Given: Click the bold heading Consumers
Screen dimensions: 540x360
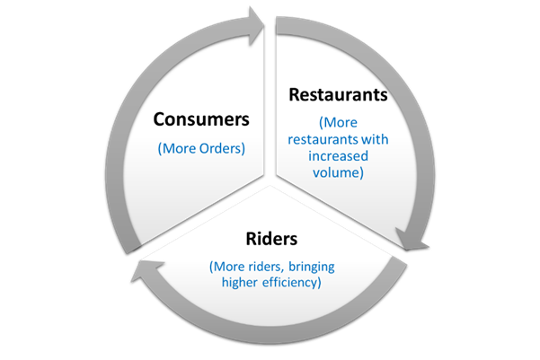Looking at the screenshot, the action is coord(201,119).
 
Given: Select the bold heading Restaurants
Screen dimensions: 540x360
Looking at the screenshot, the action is coord(338,94).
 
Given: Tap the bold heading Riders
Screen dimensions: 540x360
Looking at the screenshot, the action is coord(271,239).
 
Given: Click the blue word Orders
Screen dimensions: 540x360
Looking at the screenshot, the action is coord(220,148).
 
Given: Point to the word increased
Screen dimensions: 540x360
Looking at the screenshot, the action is coord(338,156).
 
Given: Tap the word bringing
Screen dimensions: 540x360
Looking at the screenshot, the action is coord(311,267).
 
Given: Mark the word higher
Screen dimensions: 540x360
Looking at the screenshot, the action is coord(239,283).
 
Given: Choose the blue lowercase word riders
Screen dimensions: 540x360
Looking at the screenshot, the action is coord(267,267).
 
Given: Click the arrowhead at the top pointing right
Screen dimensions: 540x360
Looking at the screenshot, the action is coord(256,26).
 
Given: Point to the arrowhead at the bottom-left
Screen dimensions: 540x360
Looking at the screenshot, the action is coord(146,270).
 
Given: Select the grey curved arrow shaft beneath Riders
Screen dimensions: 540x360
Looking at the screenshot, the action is coord(272,335).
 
